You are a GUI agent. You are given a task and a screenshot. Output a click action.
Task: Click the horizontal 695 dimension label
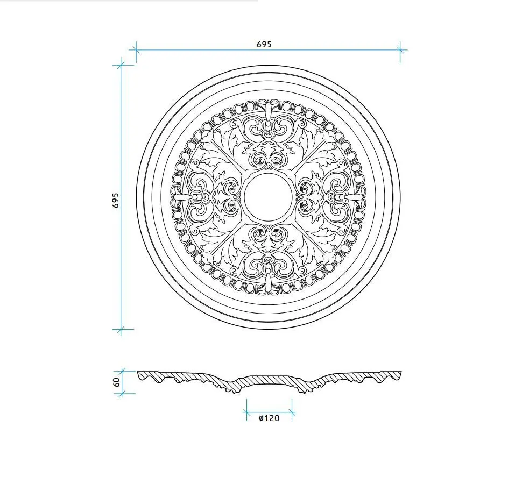tap(264, 44)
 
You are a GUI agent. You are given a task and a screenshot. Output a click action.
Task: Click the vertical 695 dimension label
tap(116, 200)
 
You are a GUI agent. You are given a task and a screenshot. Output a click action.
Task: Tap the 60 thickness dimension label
tap(117, 382)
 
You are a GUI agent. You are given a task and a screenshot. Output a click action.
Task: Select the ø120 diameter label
tap(269, 418)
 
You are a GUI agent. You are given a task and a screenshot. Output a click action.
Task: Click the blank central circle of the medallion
tap(269, 196)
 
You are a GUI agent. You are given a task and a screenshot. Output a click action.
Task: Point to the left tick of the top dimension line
tap(136, 50)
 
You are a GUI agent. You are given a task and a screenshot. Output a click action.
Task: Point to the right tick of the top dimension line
tap(400, 50)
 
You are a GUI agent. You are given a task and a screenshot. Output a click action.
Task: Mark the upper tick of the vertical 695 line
tap(121, 65)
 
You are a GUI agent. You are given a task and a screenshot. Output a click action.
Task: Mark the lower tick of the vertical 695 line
tap(121, 330)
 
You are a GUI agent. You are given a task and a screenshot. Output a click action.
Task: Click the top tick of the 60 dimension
tap(123, 372)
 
